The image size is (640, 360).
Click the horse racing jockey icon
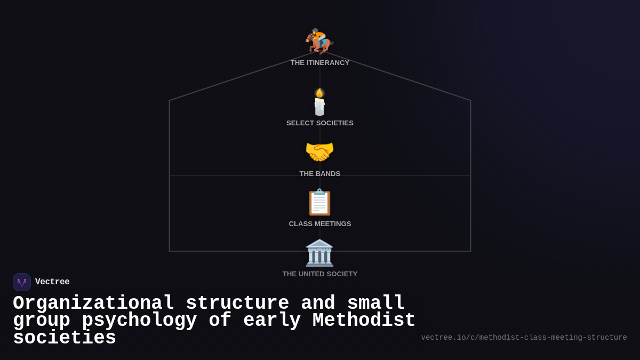point(319,41)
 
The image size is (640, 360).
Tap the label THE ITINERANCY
point(320,63)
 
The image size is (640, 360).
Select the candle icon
point(319,102)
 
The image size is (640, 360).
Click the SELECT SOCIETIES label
point(320,123)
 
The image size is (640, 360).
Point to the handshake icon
point(319,152)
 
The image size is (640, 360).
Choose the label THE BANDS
point(320,174)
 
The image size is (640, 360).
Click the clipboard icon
point(319,203)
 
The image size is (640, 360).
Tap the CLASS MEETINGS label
point(320,224)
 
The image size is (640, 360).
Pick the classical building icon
point(319,253)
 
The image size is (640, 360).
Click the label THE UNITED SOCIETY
point(320,274)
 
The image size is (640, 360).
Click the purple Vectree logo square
point(22,282)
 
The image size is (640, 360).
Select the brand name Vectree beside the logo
point(52,282)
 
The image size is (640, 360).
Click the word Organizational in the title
point(93,303)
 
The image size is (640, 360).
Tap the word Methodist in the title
point(364,321)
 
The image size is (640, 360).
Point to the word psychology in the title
point(139,321)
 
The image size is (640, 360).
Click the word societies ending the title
point(65,338)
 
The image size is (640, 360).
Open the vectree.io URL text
point(524,338)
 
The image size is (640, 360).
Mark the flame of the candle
point(319,93)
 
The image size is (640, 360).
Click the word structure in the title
point(237,303)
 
